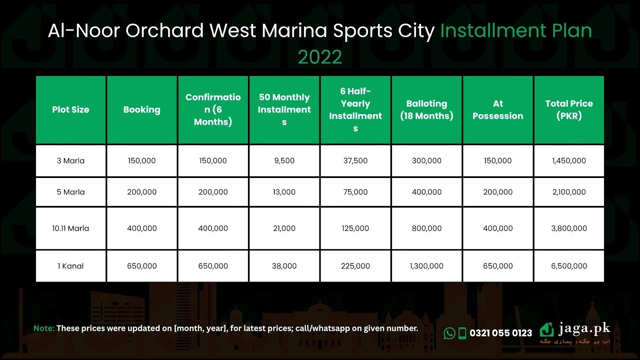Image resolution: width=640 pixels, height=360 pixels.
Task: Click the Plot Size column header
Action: (x=70, y=110)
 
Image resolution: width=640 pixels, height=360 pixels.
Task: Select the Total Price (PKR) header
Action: (x=569, y=110)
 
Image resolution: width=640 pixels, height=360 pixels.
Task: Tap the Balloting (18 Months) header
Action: (x=426, y=110)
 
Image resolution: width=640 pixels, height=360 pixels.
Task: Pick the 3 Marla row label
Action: (x=70, y=160)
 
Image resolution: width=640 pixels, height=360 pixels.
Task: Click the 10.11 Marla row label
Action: (x=70, y=228)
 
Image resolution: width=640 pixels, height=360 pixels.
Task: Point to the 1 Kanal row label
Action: (x=70, y=266)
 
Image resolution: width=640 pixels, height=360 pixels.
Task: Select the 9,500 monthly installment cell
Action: (x=284, y=160)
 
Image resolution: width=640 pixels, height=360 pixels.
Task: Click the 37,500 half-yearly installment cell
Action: (x=356, y=160)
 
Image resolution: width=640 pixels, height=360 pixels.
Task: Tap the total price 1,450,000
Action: (x=569, y=160)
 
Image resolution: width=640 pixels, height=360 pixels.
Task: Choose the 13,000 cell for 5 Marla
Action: (x=284, y=192)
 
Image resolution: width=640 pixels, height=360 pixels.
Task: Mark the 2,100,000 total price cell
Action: (x=569, y=192)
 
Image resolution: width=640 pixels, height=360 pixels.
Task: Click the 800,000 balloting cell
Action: (x=426, y=228)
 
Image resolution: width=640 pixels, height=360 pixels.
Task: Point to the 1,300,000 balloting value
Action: (x=426, y=266)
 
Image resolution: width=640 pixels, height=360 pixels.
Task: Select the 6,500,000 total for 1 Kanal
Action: (x=569, y=266)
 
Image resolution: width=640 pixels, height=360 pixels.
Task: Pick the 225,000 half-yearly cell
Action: (x=356, y=266)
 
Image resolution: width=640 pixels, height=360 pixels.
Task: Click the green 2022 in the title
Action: (x=320, y=57)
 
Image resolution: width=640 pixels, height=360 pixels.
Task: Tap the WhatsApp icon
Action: (x=450, y=333)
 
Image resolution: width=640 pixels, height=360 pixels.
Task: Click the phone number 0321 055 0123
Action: (x=501, y=333)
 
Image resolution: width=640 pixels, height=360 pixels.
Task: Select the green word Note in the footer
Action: (x=44, y=328)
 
